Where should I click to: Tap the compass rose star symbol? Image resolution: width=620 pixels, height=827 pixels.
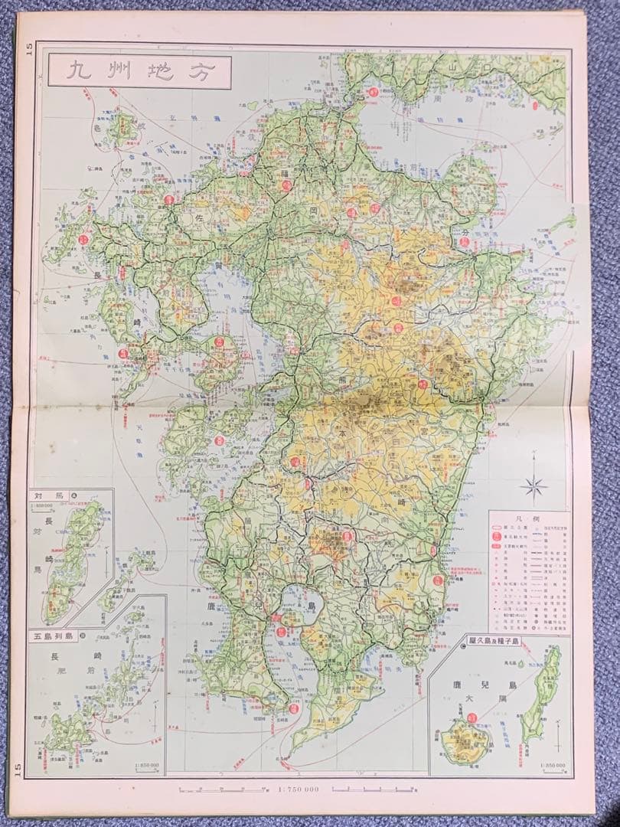534,483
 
